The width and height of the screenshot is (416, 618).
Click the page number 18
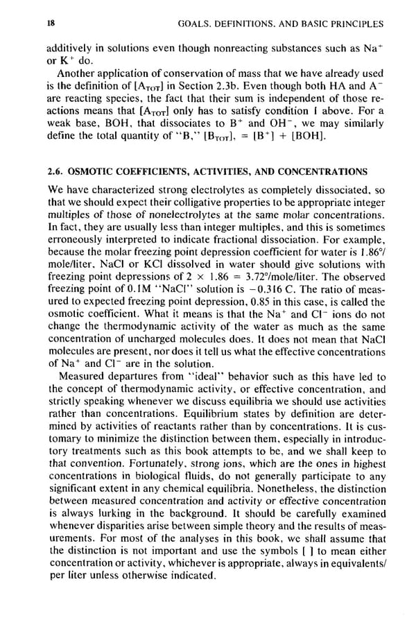click(51, 24)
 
